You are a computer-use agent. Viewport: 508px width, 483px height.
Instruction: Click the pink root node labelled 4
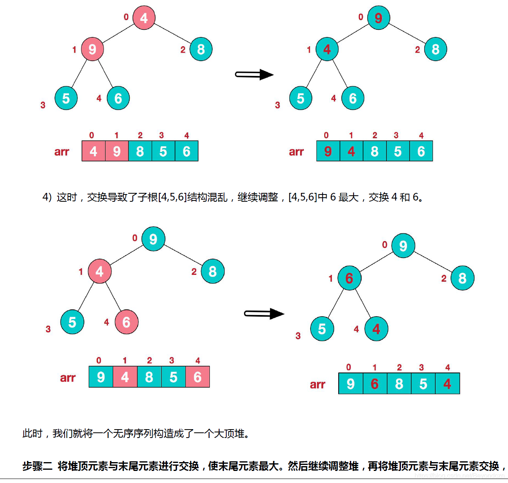click(x=144, y=18)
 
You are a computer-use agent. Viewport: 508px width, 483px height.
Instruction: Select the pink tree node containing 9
click(x=92, y=49)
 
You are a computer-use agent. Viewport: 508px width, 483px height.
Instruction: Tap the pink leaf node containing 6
click(x=126, y=322)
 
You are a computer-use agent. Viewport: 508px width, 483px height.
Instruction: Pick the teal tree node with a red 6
click(x=349, y=278)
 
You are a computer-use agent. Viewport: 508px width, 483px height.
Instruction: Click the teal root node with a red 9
click(x=378, y=18)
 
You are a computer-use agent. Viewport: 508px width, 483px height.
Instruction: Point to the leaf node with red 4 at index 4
click(x=376, y=329)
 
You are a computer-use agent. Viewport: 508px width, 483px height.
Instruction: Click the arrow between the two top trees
click(x=254, y=75)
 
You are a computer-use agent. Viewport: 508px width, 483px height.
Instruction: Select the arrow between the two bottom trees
click(x=264, y=314)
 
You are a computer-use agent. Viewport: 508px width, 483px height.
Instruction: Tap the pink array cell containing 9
click(x=117, y=151)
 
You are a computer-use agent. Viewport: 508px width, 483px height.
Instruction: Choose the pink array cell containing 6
click(x=197, y=377)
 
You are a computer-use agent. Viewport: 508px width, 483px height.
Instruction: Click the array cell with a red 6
click(x=375, y=384)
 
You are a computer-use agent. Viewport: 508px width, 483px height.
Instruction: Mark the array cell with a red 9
click(x=328, y=151)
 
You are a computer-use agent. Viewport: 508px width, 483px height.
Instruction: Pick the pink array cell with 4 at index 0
click(x=93, y=151)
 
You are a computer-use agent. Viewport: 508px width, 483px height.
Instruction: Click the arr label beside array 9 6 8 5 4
click(x=317, y=385)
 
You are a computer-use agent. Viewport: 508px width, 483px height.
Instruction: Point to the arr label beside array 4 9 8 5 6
click(x=62, y=151)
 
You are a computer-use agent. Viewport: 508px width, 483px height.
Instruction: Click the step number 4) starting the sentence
click(x=47, y=197)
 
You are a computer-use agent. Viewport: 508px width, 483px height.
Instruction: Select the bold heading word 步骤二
click(x=37, y=466)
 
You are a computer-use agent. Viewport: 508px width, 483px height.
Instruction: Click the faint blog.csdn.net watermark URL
click(x=460, y=476)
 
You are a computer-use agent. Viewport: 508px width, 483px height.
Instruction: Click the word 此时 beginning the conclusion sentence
click(x=32, y=434)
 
